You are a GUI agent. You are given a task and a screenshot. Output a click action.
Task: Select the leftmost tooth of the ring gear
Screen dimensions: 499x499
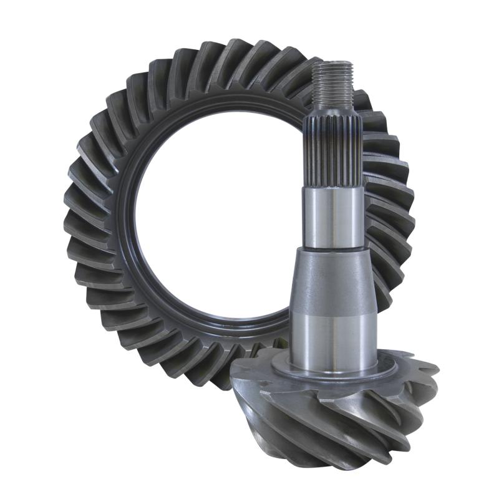[73, 212]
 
